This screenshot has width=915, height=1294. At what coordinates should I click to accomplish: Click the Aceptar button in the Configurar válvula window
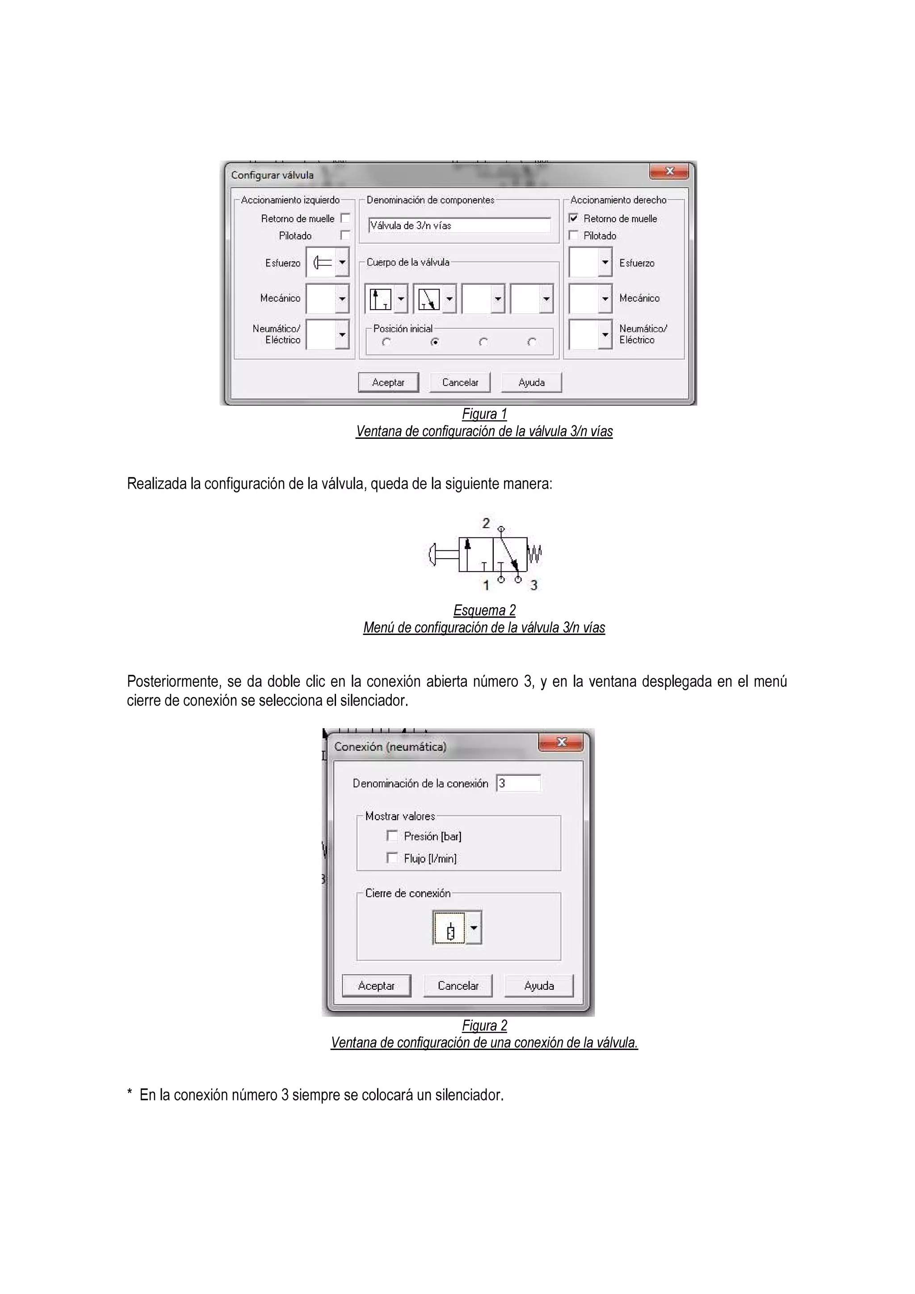coord(388,382)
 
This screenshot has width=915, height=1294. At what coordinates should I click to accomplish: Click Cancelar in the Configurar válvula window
coord(460,382)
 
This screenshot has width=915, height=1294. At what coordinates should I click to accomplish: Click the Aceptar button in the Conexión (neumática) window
coord(376,986)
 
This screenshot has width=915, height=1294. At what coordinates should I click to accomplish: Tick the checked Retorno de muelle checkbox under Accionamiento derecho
coord(574,218)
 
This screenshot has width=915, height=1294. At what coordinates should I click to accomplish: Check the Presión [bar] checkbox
coord(392,836)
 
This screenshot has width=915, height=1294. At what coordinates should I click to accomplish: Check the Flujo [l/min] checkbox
coord(392,858)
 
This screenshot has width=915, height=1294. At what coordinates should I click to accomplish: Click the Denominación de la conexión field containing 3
coord(518,783)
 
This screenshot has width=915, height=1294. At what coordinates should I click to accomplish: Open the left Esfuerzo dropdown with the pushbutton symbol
coord(342,263)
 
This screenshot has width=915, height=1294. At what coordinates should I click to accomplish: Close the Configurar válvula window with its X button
coord(669,171)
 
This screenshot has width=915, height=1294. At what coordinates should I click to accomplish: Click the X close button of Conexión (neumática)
coord(561,742)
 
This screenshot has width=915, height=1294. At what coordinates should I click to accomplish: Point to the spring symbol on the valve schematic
coord(535,554)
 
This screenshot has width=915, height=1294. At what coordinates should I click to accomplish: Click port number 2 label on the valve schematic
coord(486,524)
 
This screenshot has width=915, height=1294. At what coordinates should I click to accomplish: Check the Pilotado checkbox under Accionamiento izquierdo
coord(345,235)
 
